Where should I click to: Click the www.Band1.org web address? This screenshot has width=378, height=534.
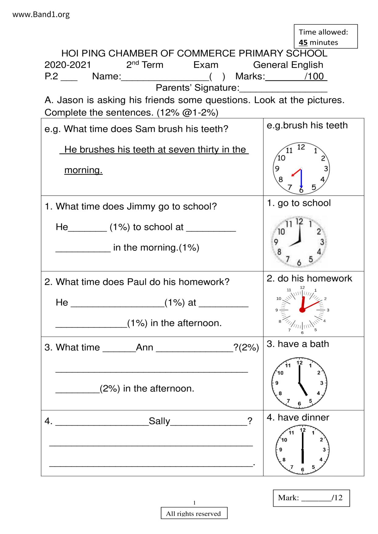pyautogui.click(x=41, y=14)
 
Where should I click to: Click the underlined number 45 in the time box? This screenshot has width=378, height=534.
pyautogui.click(x=303, y=42)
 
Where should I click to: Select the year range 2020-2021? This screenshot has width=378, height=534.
pyautogui.click(x=68, y=65)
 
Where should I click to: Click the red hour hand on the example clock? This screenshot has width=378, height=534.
pyautogui.click(x=296, y=173)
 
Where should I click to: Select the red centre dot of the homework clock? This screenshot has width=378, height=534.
pyautogui.click(x=302, y=310)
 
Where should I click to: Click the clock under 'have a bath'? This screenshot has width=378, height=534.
pyautogui.click(x=299, y=383)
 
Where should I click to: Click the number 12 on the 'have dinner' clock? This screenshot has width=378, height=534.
pyautogui.click(x=303, y=430)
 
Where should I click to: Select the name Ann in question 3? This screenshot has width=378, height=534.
pyautogui.click(x=144, y=347)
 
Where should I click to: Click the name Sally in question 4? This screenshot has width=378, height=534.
pyautogui.click(x=159, y=421)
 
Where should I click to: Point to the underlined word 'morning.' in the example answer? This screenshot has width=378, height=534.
pyautogui.click(x=83, y=170)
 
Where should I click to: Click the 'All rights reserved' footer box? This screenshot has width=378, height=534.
pyautogui.click(x=194, y=514)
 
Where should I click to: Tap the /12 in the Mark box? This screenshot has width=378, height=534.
pyautogui.click(x=338, y=498)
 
